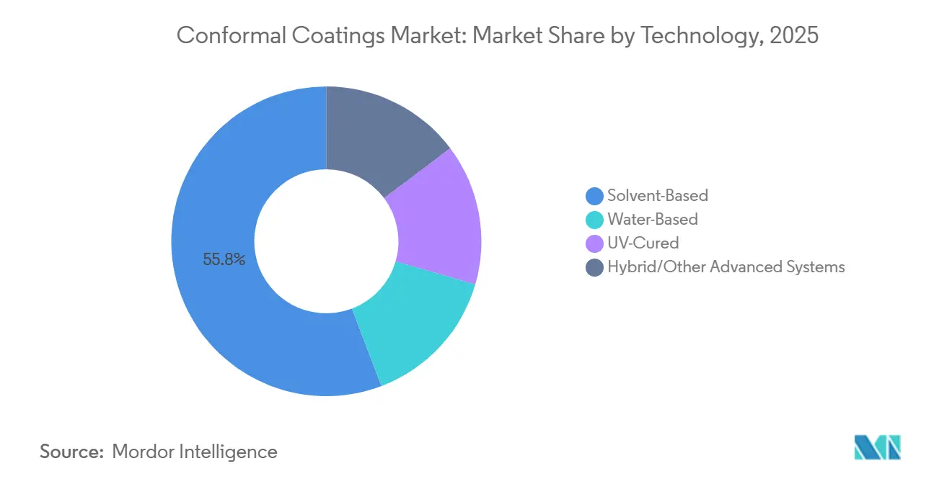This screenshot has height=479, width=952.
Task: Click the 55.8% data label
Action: click(224, 260)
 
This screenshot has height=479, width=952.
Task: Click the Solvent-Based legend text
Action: click(657, 195)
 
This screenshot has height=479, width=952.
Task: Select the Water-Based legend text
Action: click(652, 219)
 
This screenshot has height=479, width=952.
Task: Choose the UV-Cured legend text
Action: click(643, 243)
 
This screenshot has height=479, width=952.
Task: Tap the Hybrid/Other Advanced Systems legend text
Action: click(726, 267)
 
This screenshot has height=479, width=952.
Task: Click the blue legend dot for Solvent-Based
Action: click(594, 195)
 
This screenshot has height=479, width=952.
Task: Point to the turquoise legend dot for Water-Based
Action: click(594, 219)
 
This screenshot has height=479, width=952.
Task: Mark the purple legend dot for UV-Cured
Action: click(594, 243)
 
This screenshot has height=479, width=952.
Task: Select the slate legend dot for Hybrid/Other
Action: click(594, 267)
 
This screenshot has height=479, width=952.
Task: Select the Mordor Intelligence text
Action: click(195, 452)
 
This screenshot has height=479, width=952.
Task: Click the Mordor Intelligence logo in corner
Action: click(877, 447)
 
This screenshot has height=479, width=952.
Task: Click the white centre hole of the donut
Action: click(326, 241)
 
